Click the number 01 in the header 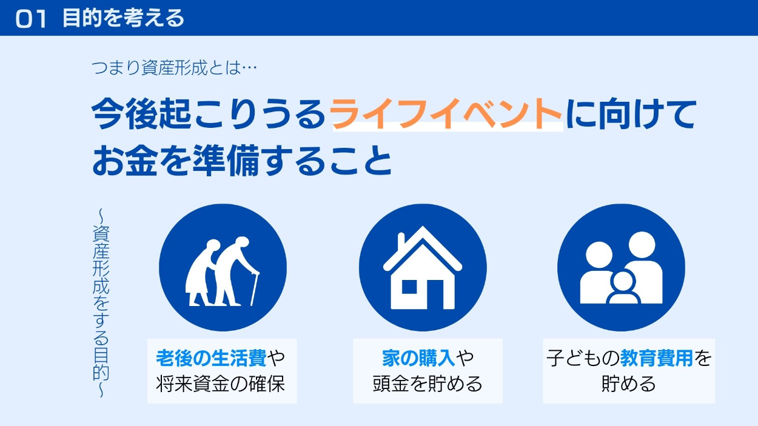tap(31, 19)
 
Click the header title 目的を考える tap(124, 18)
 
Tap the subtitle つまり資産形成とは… tap(174, 68)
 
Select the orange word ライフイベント tap(446, 113)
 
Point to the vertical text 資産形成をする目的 tap(101, 303)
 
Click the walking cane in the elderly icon tap(254, 289)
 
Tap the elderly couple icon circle tap(223, 267)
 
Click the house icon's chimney tap(401, 243)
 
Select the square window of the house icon tap(409, 287)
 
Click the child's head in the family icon tap(623, 282)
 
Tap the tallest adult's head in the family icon tap(642, 245)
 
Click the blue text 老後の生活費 tap(211, 358)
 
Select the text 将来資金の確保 tap(220, 384)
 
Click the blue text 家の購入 tap(418, 358)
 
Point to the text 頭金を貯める tap(428, 384)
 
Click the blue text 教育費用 tap(657, 358)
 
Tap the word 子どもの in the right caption tap(583, 358)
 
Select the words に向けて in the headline tap(631, 113)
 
